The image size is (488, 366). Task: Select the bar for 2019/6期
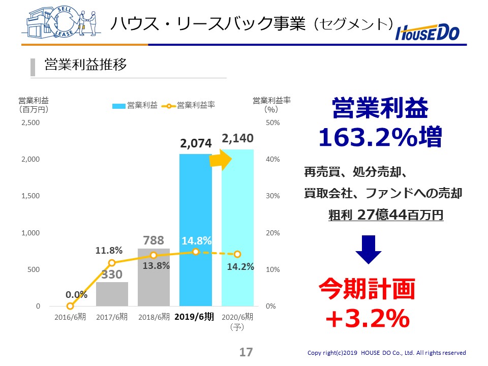(x=195, y=229)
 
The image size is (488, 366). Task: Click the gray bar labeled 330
(x=112, y=295)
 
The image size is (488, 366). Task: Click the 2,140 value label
(x=237, y=138)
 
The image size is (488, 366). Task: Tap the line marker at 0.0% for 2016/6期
(x=70, y=306)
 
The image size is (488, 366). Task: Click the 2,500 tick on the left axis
(x=30, y=123)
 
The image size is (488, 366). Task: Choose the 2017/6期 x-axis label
(x=112, y=317)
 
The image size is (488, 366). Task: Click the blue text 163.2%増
(x=380, y=137)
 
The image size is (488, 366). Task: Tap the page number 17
(x=246, y=352)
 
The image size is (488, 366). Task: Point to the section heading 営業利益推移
(x=85, y=65)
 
